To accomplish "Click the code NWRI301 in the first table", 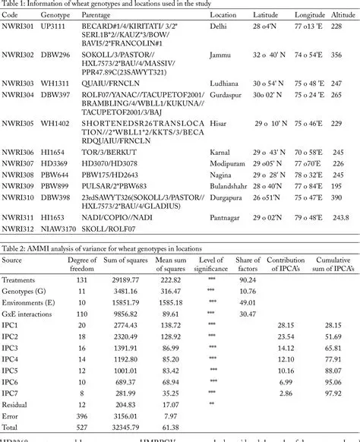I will tap(18, 27).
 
